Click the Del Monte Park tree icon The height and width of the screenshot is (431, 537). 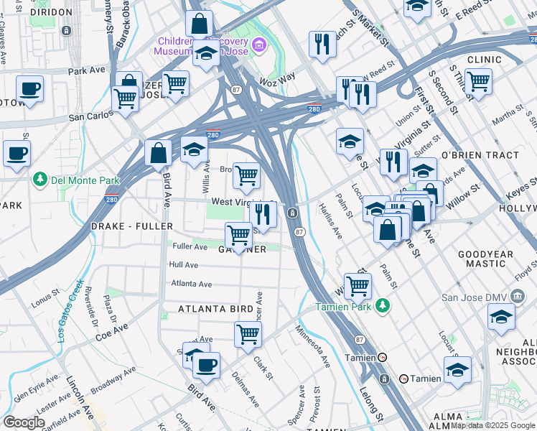(x=41, y=179)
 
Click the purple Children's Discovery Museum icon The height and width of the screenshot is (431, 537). (x=260, y=46)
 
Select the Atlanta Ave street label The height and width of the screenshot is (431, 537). (x=191, y=284)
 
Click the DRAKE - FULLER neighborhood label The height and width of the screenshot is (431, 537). (x=132, y=226)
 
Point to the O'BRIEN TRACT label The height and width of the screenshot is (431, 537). (x=480, y=155)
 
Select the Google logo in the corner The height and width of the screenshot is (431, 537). (x=24, y=422)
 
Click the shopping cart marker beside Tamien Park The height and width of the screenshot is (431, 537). (x=357, y=285)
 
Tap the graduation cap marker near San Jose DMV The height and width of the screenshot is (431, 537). (x=501, y=316)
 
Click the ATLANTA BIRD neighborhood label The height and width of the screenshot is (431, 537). (x=215, y=309)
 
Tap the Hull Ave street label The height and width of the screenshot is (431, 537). (x=183, y=264)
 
